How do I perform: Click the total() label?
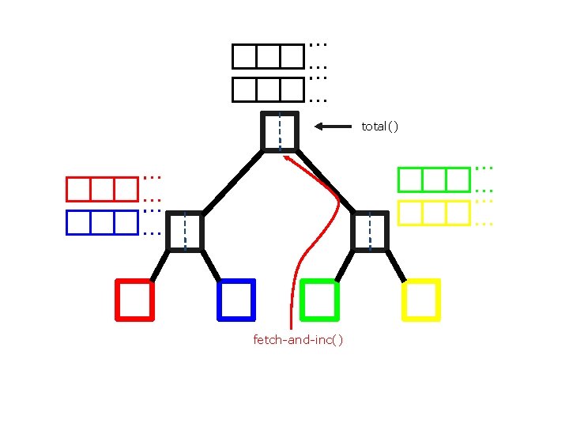379,127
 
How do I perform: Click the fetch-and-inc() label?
298,340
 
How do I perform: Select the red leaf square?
134,300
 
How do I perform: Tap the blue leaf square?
236,300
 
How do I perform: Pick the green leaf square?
320,300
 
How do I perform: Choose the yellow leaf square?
421,300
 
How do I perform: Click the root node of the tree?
280,131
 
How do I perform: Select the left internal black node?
185,231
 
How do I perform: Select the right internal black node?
370,231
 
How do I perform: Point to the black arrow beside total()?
332,126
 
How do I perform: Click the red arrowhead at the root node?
288,158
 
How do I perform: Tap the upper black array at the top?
268,56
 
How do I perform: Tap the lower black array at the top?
268,89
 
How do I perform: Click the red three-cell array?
102,190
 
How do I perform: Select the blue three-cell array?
102,222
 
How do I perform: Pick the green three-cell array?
434,180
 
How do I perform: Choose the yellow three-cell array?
434,213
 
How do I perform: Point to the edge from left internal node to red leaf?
159,266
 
